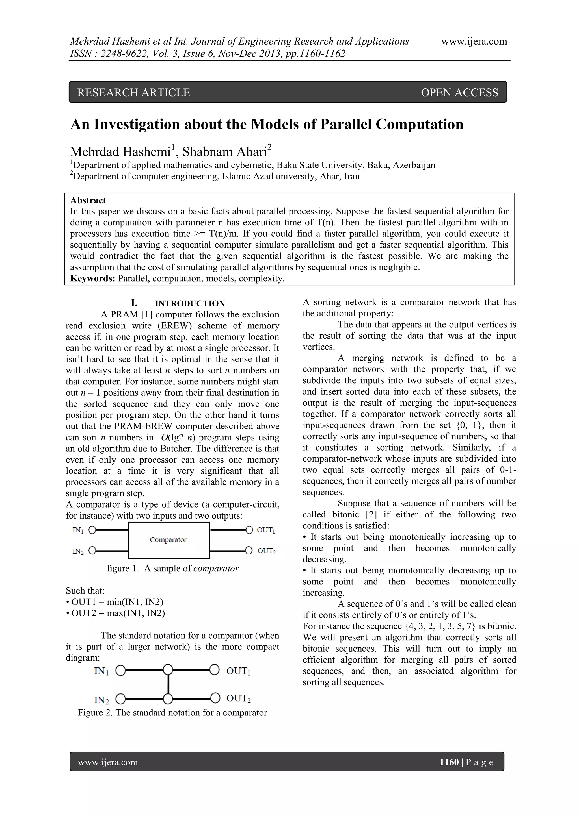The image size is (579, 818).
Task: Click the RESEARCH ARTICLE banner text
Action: pos(133,93)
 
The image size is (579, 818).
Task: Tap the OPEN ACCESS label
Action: pos(459,93)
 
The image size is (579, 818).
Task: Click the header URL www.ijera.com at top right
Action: pos(474,42)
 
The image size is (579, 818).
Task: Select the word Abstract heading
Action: pos(88,200)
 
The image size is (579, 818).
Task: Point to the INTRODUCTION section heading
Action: pos(190,304)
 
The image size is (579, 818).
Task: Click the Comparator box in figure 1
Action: pos(168,540)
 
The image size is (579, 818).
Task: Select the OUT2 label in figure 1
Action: pos(266,551)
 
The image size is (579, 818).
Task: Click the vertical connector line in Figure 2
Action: pos(168,684)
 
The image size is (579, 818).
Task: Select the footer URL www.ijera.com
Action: pos(108,762)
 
